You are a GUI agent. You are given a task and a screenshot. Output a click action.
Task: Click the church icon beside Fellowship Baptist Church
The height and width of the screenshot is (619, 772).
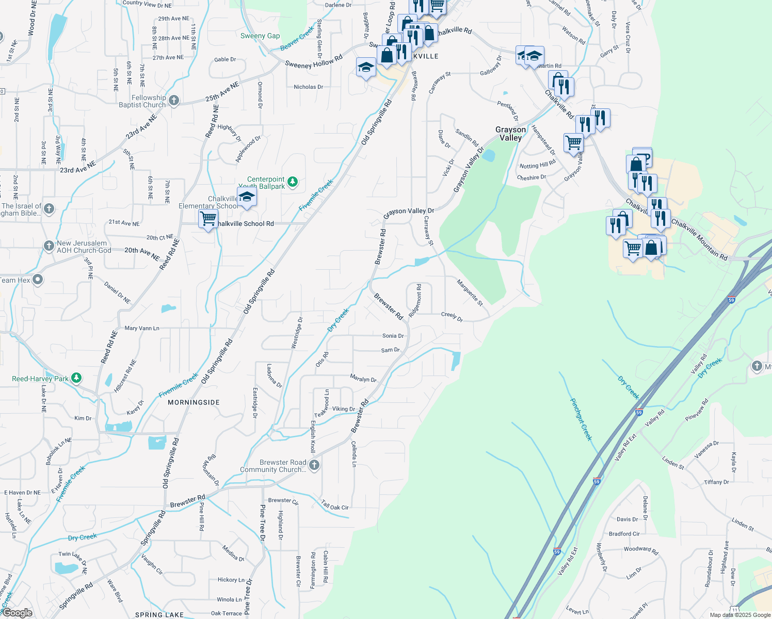[x=174, y=101]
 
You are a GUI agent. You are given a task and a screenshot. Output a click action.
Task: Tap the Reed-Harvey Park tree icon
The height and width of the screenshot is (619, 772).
[x=76, y=378]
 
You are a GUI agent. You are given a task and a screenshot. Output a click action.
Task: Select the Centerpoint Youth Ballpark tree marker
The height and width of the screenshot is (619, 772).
[x=293, y=182]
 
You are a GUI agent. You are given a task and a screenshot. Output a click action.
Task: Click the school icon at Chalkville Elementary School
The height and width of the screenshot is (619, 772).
[x=247, y=197]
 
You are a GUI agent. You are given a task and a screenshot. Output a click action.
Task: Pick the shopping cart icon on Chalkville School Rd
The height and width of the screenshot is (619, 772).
[x=208, y=219]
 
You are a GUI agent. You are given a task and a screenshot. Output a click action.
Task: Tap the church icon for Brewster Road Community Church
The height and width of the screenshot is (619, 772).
[x=314, y=465]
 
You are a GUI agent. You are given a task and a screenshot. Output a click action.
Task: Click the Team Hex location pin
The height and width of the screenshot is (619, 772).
[x=38, y=280]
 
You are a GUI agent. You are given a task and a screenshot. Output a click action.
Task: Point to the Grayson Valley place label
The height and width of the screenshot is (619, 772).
[x=510, y=134]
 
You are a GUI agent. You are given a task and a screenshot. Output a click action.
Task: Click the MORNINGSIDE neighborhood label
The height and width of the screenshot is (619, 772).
[x=194, y=402]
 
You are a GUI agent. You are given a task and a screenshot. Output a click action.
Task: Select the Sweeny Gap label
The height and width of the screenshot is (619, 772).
[x=260, y=36]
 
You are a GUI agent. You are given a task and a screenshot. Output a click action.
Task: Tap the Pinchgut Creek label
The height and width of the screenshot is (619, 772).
[x=581, y=419]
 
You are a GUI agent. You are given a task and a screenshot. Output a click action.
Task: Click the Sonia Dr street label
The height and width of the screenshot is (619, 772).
[x=393, y=336]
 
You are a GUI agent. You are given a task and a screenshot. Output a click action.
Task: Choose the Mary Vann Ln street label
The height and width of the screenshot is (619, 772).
[x=142, y=328]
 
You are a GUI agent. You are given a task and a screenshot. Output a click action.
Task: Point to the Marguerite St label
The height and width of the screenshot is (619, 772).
[x=470, y=292]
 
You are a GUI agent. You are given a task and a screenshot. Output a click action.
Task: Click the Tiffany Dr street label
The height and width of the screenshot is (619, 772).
[x=716, y=482]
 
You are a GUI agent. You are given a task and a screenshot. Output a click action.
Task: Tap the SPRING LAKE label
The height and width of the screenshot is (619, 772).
[x=159, y=615]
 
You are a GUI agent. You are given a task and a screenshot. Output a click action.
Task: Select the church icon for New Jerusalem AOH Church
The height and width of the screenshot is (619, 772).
[x=49, y=246]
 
